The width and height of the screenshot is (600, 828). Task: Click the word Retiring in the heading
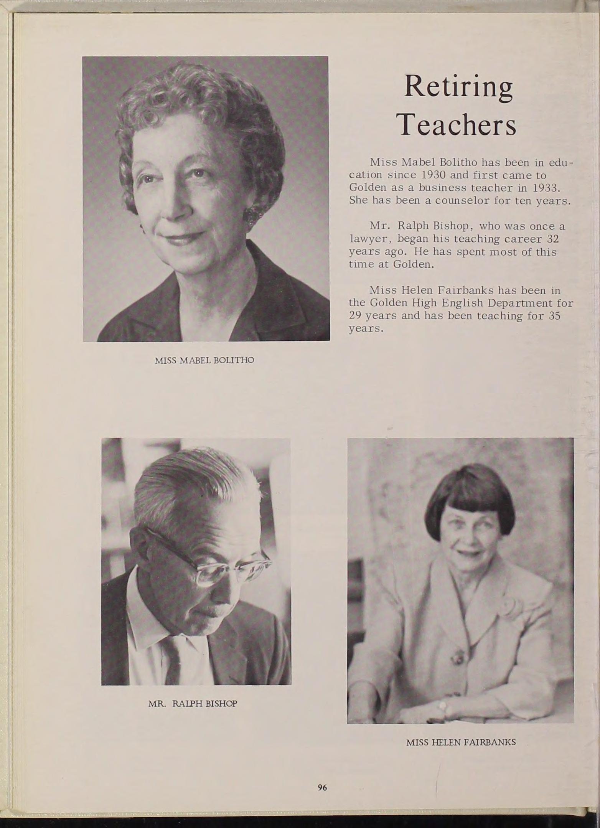[x=458, y=87]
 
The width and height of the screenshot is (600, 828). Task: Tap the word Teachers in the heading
[x=458, y=125]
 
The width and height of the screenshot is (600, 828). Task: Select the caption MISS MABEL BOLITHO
[x=204, y=361]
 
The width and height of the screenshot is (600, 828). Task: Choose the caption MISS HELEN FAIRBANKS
[x=461, y=742]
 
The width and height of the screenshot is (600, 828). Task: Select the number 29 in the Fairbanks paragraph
[x=356, y=316]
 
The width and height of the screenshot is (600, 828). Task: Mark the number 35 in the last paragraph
[x=555, y=316]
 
